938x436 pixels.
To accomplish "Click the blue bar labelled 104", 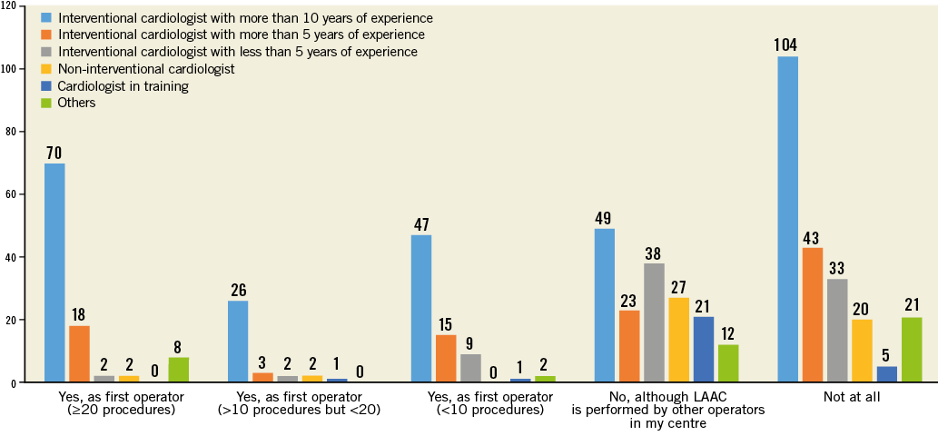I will point(788,220).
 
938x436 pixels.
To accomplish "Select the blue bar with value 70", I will point(54,272).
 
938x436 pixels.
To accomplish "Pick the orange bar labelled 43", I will point(813,315).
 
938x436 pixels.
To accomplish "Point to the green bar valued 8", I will point(178,370).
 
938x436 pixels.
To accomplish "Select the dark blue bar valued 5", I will point(886,374).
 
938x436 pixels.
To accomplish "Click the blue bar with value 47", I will point(421,309).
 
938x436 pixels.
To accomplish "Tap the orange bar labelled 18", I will point(79,354).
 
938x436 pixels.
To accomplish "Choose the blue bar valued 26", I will point(238,342).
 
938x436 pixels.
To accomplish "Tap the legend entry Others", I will point(76,103).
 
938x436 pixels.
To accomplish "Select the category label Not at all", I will point(849,397).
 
